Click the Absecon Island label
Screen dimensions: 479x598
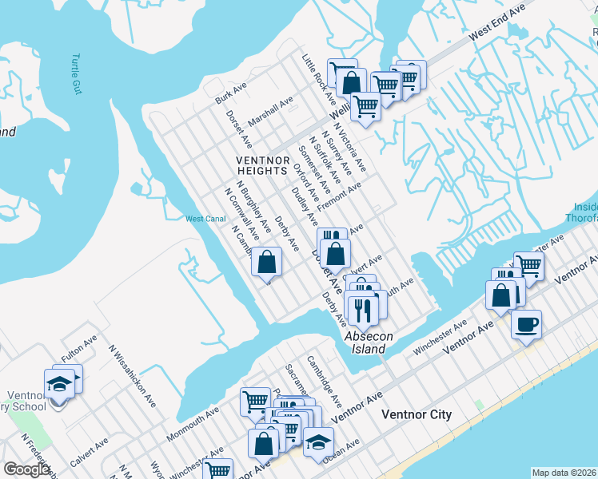point(369,342)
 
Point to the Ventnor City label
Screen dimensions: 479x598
point(417,414)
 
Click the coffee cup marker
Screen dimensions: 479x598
point(526,325)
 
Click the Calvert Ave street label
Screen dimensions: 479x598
point(89,453)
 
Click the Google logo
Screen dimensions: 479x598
point(26,469)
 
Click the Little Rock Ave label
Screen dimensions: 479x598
point(317,79)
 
